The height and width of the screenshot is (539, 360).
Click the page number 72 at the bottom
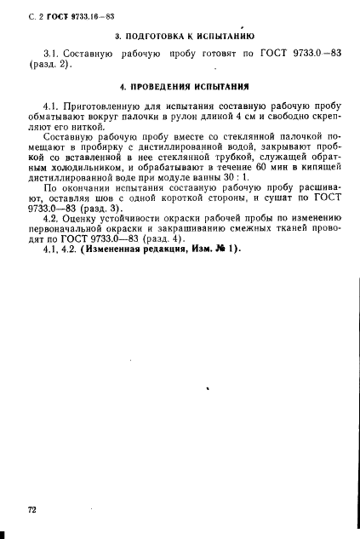pyautogui.click(x=31, y=509)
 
